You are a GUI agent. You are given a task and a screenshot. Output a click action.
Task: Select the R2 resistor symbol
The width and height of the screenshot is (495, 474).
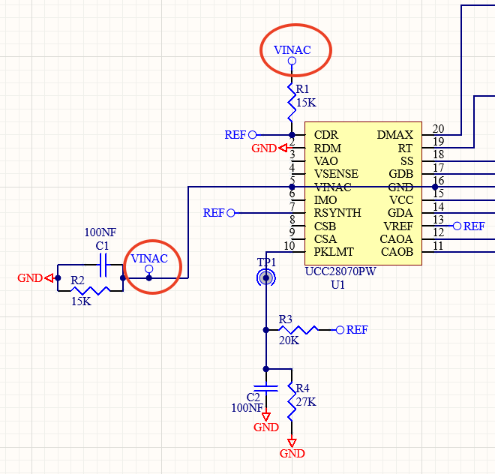(x=89, y=289)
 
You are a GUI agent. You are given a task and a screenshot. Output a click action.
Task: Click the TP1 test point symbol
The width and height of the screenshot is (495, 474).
(x=266, y=278)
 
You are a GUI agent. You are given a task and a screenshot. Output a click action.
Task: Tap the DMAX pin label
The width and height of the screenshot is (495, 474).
(x=394, y=135)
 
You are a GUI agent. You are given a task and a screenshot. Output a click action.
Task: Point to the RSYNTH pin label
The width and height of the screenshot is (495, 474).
(x=337, y=213)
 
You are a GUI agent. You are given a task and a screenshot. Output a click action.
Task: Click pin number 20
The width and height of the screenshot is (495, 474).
(x=438, y=129)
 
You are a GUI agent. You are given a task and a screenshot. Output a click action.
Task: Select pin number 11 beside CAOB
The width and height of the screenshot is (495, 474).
(x=438, y=246)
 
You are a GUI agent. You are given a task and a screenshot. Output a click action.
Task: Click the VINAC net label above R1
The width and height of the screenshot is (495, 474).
(x=292, y=51)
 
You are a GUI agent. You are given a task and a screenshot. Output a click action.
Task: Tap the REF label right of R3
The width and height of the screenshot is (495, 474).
(x=357, y=330)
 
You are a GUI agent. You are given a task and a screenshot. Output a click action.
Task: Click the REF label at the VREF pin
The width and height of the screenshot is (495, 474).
(x=474, y=226)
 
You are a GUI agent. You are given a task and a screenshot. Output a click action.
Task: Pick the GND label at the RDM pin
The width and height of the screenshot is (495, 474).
(x=264, y=148)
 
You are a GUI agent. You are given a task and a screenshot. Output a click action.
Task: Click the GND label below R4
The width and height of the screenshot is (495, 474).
(x=292, y=454)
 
